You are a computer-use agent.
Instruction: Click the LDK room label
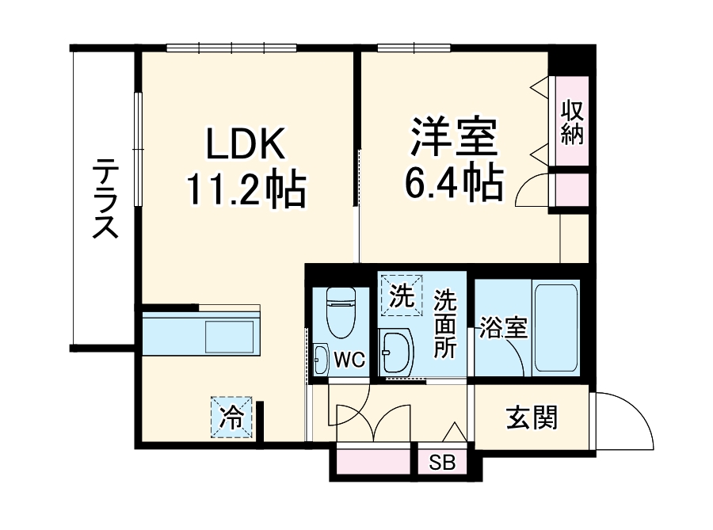(245, 146)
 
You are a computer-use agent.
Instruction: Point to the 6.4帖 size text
(454, 185)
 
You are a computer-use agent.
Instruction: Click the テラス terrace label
(105, 199)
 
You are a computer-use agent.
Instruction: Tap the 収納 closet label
(571, 123)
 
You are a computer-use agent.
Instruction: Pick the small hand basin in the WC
(320, 359)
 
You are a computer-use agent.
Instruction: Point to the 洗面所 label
(445, 325)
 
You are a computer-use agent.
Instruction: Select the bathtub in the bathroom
(557, 326)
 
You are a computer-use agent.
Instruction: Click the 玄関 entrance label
(532, 418)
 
